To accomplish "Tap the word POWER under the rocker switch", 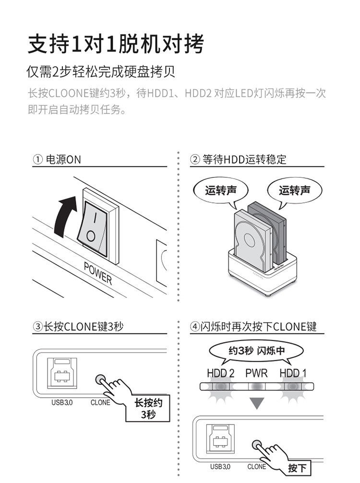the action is pos(97,273).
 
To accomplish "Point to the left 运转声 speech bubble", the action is pos(221,190).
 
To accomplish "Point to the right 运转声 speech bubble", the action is pos(294,190).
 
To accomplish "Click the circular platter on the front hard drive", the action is pos(251,240).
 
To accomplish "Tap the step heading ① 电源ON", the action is pos(57,160).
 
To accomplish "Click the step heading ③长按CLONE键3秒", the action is pos(78,327).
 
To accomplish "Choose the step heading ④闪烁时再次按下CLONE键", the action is pos(253,327).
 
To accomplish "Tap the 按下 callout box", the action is pos(298,468).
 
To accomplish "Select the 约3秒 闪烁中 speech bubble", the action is pos(256,351).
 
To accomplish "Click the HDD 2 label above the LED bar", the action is pos(220,373).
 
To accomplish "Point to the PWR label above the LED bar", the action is pos(256,373).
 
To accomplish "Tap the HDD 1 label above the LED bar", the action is pos(293,373).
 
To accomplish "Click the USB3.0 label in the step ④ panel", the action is pos(220,466).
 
